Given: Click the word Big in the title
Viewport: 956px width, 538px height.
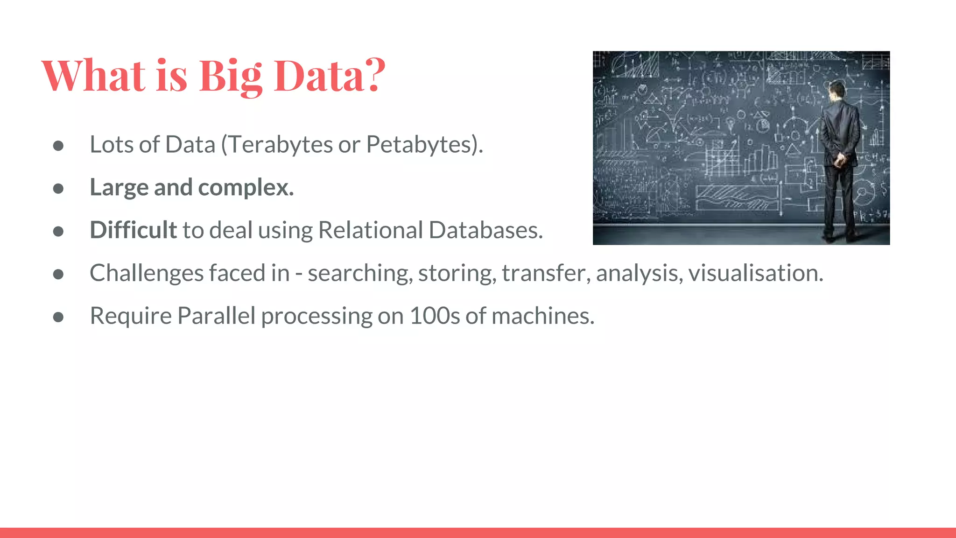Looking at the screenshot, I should point(231,76).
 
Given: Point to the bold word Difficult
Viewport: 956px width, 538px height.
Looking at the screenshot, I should point(133,230).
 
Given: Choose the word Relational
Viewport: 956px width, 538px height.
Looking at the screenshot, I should point(371,230).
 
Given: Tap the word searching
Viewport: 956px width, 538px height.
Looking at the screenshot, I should point(359,273).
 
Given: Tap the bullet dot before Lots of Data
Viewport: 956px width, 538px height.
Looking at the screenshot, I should point(58,146).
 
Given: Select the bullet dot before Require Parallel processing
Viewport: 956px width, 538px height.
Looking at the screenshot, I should point(58,317).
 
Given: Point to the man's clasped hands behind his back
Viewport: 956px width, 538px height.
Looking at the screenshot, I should point(839,160).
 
